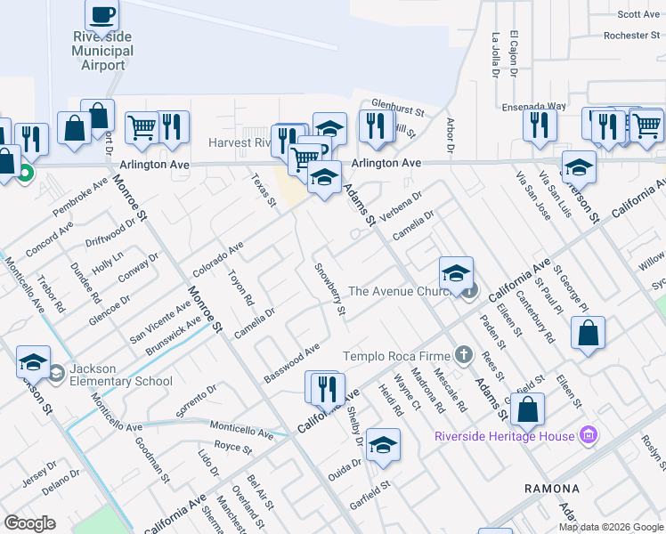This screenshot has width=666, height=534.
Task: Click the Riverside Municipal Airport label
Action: point(103,51)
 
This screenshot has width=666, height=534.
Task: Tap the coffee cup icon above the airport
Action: point(102,15)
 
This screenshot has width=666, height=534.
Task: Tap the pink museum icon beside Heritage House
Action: point(587,436)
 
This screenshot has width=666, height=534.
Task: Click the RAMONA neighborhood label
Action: point(551,489)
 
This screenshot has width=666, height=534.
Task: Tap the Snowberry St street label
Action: point(329,288)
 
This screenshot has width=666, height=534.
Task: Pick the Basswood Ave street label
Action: point(291,363)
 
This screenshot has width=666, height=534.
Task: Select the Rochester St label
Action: point(631,36)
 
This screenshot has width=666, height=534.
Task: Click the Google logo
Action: point(29,523)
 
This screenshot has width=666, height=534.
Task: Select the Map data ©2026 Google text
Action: point(610,527)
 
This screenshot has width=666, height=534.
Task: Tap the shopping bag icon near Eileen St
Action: point(588,334)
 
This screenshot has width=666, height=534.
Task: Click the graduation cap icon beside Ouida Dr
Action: point(383,446)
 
